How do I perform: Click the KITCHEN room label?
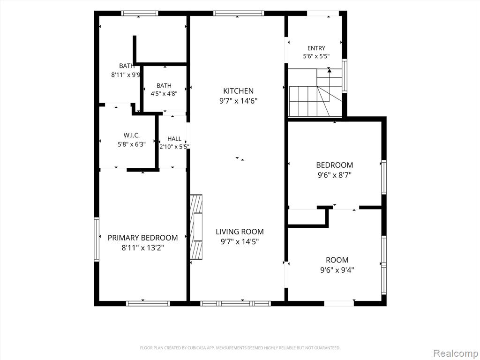tap(238, 91)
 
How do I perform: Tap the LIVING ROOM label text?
tap(240, 232)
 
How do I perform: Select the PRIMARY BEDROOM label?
tap(142, 238)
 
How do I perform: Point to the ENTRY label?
tap(316, 48)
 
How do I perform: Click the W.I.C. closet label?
tap(132, 135)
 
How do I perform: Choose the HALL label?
tap(174, 139)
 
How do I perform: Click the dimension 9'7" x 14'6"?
tap(238, 101)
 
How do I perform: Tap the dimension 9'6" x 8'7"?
tap(334, 175)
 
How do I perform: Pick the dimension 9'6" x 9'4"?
tap(337, 270)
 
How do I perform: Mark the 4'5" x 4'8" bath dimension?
tap(164, 94)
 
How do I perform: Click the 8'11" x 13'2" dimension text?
tap(143, 248)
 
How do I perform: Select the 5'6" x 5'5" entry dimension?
tap(316, 56)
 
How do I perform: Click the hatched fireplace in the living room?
tap(196, 227)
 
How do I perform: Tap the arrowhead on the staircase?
tap(330, 70)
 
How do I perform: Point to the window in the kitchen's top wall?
tap(239, 13)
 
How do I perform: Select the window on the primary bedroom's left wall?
tap(97, 239)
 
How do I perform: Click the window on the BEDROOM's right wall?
tap(384, 177)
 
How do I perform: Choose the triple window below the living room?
tap(235, 303)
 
